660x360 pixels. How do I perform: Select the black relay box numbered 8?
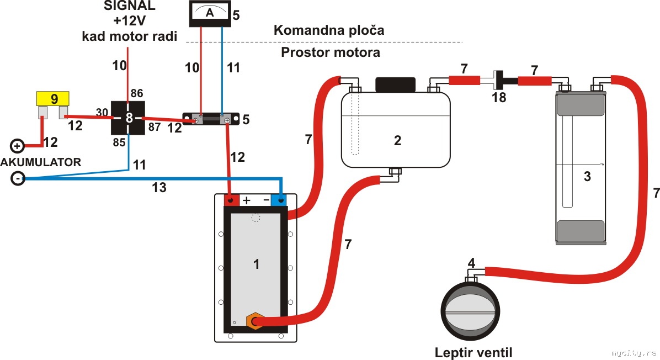(128, 118)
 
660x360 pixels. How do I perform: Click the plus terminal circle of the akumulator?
(17, 146)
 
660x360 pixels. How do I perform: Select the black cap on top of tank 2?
(395, 84)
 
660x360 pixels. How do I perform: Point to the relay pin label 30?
(102, 112)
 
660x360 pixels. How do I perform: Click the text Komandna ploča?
(328, 30)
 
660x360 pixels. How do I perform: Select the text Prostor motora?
(330, 53)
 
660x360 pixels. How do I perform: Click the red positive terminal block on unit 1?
(232, 200)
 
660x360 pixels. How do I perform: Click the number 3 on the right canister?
(587, 177)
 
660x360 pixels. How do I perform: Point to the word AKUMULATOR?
(41, 162)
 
